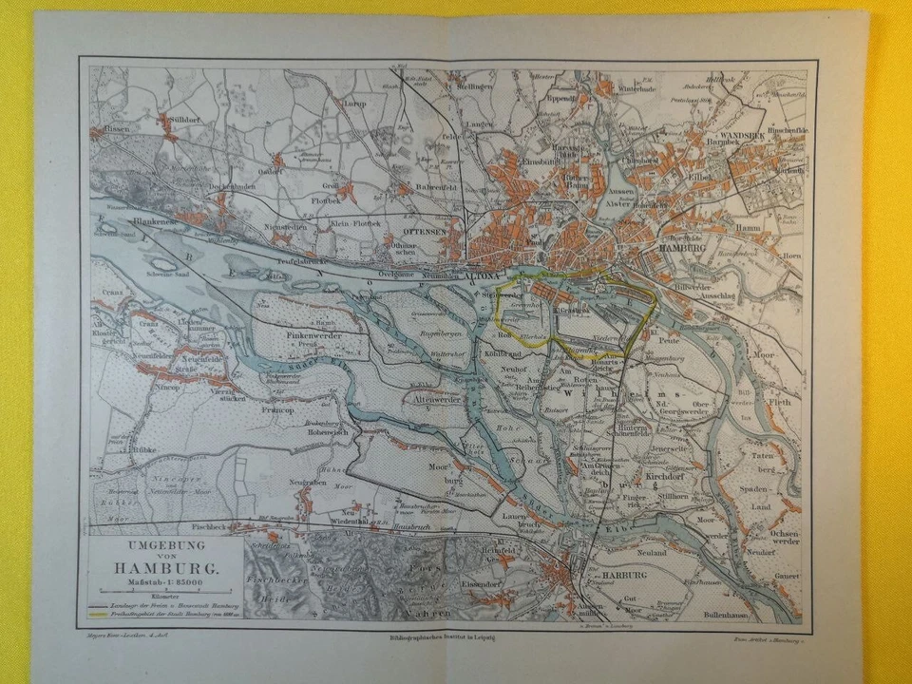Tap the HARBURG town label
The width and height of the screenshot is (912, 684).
point(623,575)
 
